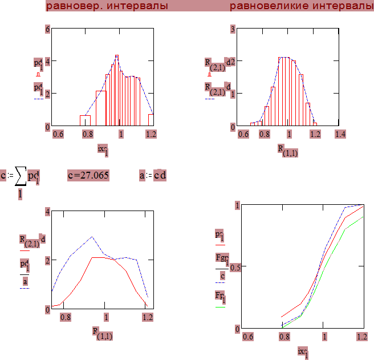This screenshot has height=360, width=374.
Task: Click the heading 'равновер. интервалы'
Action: [x=107, y=6]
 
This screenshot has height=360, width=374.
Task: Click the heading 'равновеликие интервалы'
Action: [x=302, y=6]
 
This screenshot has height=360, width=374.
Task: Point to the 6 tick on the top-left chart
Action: [x=48, y=29]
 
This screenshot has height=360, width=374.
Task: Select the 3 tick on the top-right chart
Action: [x=233, y=29]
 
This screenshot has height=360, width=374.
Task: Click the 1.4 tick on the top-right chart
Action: [x=340, y=134]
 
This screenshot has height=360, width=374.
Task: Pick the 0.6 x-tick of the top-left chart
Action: [x=58, y=134]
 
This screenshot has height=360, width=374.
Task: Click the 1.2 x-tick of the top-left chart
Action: [x=151, y=134]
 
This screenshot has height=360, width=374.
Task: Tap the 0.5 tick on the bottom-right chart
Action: [x=235, y=268]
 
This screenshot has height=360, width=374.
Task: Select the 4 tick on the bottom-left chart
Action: [x=48, y=212]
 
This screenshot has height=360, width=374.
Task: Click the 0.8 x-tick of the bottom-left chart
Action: [x=66, y=317]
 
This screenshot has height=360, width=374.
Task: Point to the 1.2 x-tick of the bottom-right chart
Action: [x=361, y=337]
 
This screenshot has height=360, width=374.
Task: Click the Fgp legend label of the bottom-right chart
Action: [x=221, y=258]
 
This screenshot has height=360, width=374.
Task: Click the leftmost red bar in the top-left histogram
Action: [x=85, y=120]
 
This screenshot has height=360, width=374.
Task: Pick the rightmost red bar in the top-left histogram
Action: [x=151, y=119]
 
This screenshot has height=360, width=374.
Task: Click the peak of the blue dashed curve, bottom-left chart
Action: [x=91, y=236]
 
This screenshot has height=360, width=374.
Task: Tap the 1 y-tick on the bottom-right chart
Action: [x=237, y=205]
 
